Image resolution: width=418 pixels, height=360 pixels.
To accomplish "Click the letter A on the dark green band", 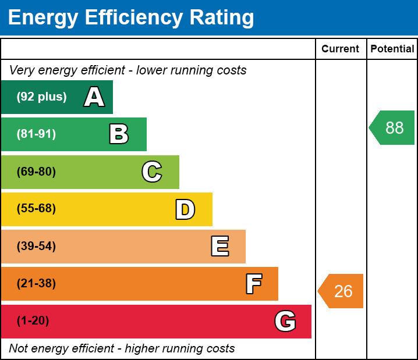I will pos(94,97).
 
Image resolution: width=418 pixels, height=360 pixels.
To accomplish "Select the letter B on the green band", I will pos(119,134).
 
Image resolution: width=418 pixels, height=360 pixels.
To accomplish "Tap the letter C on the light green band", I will pos(152,172).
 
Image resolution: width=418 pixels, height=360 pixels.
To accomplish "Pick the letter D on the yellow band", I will pos(185,209).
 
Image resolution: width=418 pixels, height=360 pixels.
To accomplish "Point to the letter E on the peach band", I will pos(219,247).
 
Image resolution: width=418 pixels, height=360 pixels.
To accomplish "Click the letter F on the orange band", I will pos(253,284).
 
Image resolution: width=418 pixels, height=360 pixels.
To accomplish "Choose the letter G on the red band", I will pos(285,321).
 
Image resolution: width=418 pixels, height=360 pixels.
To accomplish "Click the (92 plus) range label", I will pos(41,97).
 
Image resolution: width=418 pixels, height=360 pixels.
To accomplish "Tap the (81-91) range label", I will pos(36,134).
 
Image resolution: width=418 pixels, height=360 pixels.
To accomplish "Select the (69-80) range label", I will pos(36,172).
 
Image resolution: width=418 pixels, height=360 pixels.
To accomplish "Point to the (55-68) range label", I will pos(36,209).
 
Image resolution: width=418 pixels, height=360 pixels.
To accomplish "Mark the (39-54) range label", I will pos(36,246).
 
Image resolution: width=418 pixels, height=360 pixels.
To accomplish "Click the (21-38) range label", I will pos(36,284).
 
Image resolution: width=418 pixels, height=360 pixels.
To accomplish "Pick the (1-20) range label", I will pos(33,321).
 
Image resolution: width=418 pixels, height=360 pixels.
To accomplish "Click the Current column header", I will pos(341,49).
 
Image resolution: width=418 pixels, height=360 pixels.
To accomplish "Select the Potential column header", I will pos(392,49).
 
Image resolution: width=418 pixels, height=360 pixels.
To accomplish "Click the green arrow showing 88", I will pos(392,127).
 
